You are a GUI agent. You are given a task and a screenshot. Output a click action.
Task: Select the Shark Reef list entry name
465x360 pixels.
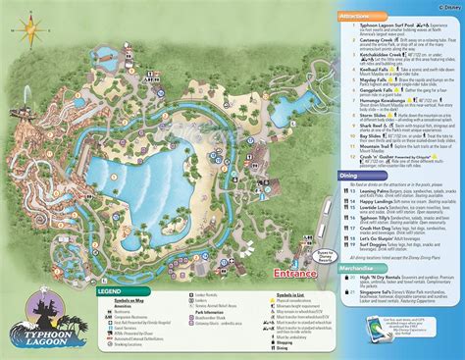[x=376, y=126]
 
